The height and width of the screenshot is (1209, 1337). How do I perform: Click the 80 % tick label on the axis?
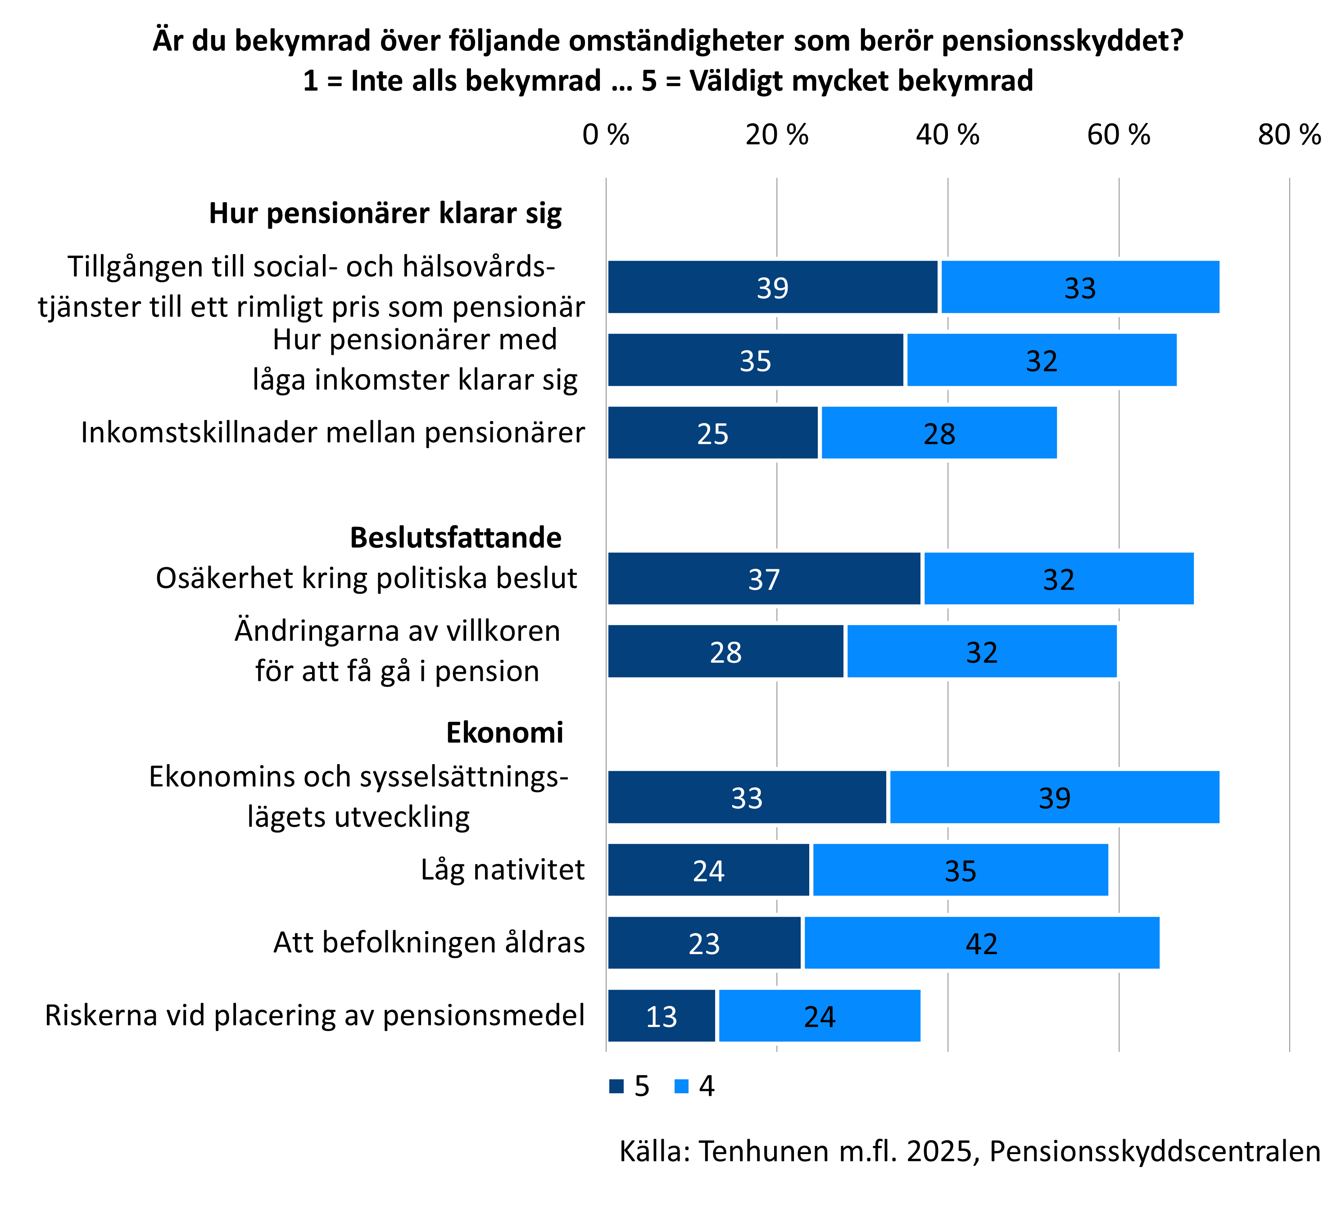pyautogui.click(x=1288, y=135)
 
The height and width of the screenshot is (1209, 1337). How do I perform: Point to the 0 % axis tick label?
pyautogui.click(x=606, y=135)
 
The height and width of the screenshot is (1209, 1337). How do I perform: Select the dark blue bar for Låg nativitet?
pyautogui.click(x=708, y=869)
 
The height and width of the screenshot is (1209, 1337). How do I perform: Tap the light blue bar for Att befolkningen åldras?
pyautogui.click(x=982, y=942)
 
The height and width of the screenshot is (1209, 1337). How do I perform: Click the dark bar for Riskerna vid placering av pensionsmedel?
pyautogui.click(x=661, y=1015)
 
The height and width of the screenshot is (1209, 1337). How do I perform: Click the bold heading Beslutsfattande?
pyautogui.click(x=456, y=537)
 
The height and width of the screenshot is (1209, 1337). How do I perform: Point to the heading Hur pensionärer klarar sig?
pyautogui.click(x=385, y=213)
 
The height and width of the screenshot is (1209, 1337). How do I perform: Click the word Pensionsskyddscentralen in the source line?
pyautogui.click(x=1155, y=1152)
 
